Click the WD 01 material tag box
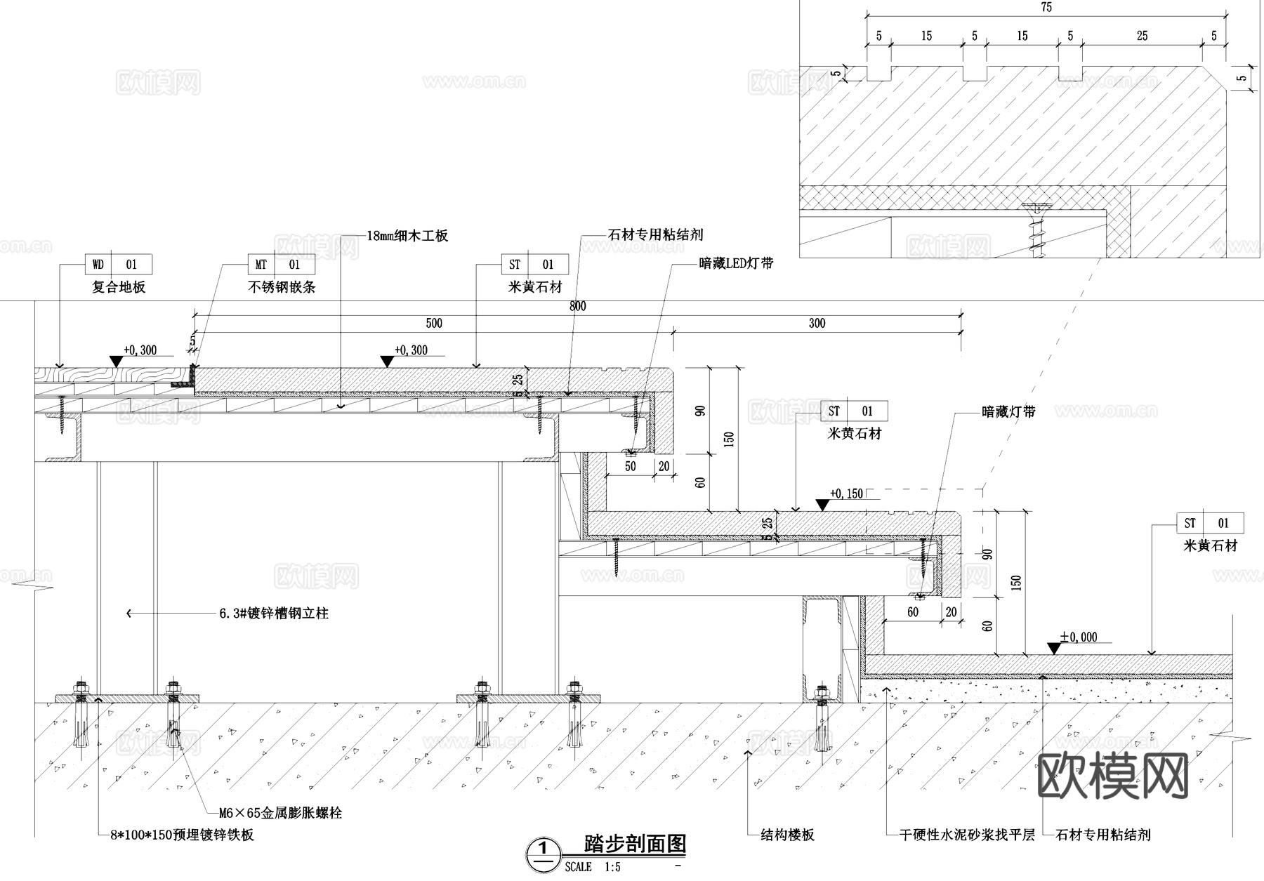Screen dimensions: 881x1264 [x=118, y=265]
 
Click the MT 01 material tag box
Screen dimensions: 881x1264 [x=281, y=265]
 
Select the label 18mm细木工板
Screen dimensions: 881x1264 [x=407, y=236]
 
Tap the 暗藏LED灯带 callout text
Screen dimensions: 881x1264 [x=736, y=264]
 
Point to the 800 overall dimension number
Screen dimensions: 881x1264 [x=577, y=306]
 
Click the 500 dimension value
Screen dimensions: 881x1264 [x=434, y=323]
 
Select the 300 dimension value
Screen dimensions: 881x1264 [x=817, y=323]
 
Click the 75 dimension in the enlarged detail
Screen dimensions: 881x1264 [x=1046, y=7]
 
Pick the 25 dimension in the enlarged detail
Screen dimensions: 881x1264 [x=1142, y=36]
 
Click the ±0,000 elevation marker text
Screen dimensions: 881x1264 [x=1078, y=637]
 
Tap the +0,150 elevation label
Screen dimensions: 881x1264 [x=846, y=494]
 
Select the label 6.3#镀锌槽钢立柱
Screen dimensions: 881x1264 [x=274, y=614]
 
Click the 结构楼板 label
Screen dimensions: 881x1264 [x=787, y=835]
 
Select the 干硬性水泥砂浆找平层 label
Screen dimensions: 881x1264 [x=967, y=835]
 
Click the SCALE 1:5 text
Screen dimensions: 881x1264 [x=593, y=867]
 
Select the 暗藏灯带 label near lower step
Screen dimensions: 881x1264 [x=1008, y=412]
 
